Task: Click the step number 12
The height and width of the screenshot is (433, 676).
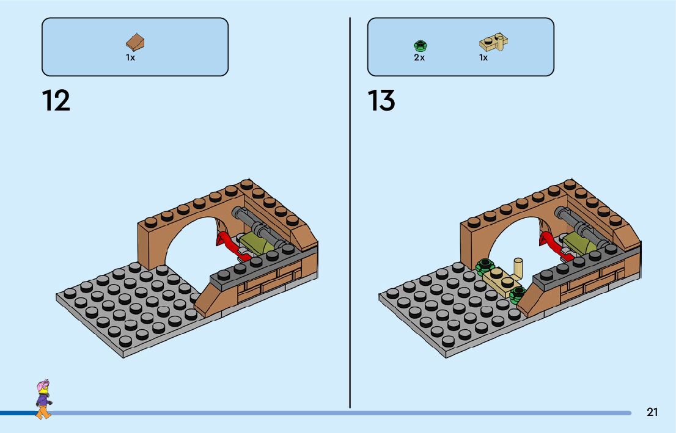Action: point(56,101)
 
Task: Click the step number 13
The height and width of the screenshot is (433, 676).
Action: point(381,101)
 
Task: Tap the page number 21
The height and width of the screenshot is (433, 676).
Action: point(652,412)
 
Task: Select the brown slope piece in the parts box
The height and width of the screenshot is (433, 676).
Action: point(136,42)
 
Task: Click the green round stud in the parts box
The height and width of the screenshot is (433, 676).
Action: point(420,45)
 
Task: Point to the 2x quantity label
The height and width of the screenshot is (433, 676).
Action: point(419,57)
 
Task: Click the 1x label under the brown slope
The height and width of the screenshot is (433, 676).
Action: point(130,57)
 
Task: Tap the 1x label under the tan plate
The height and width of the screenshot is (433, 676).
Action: point(483,57)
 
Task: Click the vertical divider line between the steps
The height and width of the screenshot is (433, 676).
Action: point(350,214)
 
